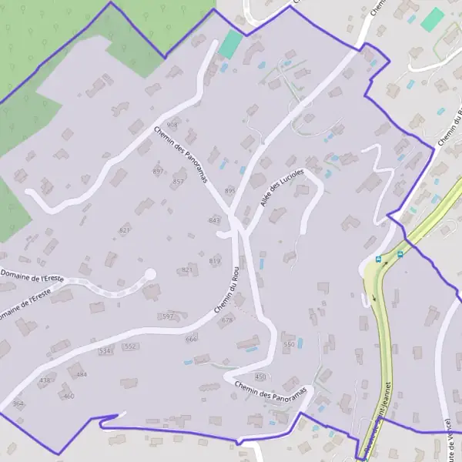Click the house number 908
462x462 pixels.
point(172,125)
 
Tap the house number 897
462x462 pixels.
point(159,171)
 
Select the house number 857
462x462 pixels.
point(179,182)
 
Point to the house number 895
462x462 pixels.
point(230,190)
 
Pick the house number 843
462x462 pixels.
point(214,220)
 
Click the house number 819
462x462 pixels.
point(215,262)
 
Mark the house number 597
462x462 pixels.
point(168,316)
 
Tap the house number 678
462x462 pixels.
point(226,320)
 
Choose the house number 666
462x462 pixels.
point(191,339)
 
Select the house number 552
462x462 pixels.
point(129,346)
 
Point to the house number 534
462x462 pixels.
point(105,350)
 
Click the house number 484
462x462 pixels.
point(82,374)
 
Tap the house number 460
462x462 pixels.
point(69,396)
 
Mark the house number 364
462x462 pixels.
point(18,403)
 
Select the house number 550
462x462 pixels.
point(289,344)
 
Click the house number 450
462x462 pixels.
point(259,377)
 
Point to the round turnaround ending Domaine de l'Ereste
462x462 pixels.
point(150,273)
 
